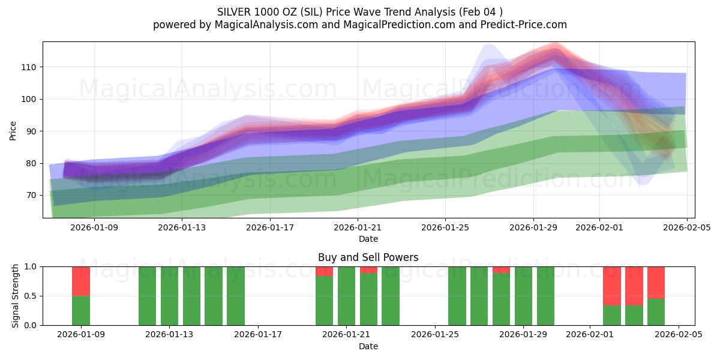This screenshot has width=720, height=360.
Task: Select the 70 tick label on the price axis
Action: (31, 195)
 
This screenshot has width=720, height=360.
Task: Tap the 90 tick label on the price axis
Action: (31, 131)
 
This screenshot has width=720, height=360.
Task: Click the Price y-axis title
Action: (13, 130)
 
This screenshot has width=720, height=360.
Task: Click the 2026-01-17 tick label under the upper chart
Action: (270, 227)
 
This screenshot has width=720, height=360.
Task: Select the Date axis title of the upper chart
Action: (368, 239)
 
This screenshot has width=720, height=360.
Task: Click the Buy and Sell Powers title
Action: (368, 257)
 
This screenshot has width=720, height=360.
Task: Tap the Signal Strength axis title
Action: (16, 296)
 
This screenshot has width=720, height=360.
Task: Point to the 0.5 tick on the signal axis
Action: (30, 296)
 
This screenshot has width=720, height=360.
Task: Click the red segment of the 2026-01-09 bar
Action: (81, 281)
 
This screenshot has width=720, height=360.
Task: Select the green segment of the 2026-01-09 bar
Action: (81, 311)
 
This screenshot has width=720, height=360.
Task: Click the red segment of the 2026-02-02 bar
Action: (612, 286)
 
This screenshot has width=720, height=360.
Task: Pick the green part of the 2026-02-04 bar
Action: (656, 312)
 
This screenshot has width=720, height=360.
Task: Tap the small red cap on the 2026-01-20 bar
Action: (324, 271)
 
